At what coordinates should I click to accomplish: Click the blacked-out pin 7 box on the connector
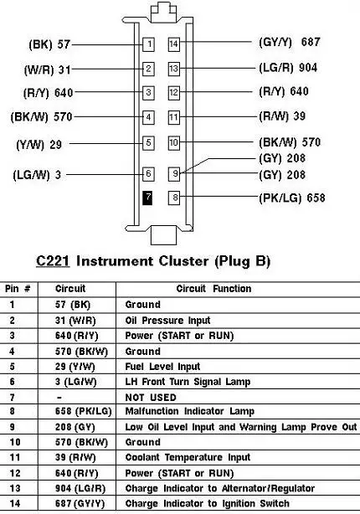(147, 198)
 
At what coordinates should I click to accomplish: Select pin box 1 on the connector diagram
(148, 44)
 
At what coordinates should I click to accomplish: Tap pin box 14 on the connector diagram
(174, 44)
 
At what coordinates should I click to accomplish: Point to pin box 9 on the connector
(174, 173)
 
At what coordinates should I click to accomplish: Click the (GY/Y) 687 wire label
(289, 42)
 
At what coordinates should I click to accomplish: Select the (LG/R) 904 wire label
(288, 68)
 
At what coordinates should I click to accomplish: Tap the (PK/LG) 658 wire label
(292, 198)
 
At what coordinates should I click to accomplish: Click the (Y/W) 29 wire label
(39, 145)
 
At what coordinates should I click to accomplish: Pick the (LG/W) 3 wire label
(37, 175)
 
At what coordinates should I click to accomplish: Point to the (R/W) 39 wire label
(282, 116)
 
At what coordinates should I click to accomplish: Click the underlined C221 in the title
(53, 261)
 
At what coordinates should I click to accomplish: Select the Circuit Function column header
(213, 289)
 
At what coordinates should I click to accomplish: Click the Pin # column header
(18, 289)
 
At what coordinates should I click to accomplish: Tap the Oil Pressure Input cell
(167, 321)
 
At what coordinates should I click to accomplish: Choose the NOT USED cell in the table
(151, 398)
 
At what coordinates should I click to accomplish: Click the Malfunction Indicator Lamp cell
(190, 411)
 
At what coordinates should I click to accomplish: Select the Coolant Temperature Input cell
(188, 457)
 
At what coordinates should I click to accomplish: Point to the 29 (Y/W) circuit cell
(75, 367)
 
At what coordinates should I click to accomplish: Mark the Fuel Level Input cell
(162, 367)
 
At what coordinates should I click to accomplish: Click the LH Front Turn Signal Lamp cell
(188, 382)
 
